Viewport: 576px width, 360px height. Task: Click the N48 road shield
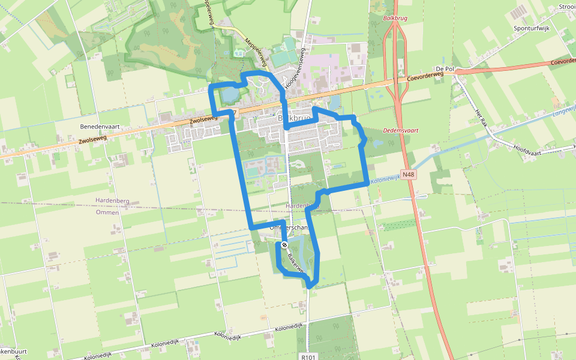tap(409, 175)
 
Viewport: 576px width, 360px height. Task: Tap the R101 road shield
tap(308, 356)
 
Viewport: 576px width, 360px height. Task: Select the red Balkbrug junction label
tap(394, 19)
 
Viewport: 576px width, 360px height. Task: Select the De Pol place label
tap(447, 69)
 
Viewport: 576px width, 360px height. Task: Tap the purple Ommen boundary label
tap(107, 212)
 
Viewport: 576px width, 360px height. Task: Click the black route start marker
tap(285, 245)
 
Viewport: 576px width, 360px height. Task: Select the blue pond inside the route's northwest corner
tap(229, 94)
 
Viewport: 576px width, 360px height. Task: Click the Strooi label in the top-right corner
tap(566, 7)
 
